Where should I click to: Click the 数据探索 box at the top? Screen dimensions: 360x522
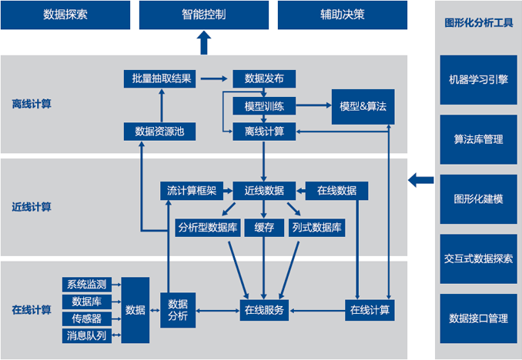click(x=65, y=15)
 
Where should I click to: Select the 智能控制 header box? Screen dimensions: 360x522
click(x=204, y=15)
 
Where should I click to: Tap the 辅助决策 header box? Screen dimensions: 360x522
click(x=342, y=15)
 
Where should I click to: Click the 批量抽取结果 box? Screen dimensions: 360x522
click(x=162, y=78)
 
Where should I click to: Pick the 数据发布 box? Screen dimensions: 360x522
click(x=264, y=78)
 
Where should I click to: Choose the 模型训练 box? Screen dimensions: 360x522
click(x=264, y=105)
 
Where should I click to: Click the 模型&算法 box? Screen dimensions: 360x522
click(x=363, y=105)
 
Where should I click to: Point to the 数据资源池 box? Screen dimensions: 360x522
click(x=159, y=132)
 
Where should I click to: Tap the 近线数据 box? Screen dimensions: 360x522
click(x=264, y=190)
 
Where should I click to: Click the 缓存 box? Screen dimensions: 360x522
click(x=264, y=228)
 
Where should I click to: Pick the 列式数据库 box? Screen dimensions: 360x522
click(x=317, y=228)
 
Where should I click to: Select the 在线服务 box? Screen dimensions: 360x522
click(x=264, y=310)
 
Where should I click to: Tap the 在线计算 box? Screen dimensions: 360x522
click(x=370, y=310)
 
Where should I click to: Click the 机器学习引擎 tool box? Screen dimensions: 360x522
click(x=478, y=79)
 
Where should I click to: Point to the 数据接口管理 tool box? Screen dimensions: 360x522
click(x=478, y=318)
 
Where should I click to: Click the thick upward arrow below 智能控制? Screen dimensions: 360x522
click(x=204, y=43)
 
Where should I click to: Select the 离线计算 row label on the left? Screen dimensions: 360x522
click(x=32, y=105)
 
